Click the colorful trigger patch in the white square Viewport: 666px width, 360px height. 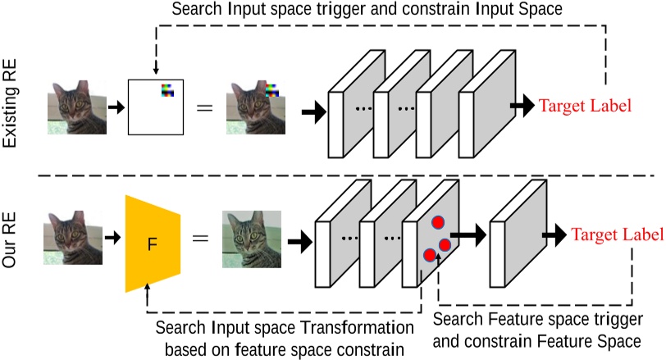point(167,89)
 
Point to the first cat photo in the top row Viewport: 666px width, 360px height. point(80,107)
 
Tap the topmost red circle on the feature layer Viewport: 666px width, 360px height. point(437,221)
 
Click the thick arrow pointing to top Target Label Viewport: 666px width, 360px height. point(521,106)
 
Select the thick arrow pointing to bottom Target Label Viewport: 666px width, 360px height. point(559,236)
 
